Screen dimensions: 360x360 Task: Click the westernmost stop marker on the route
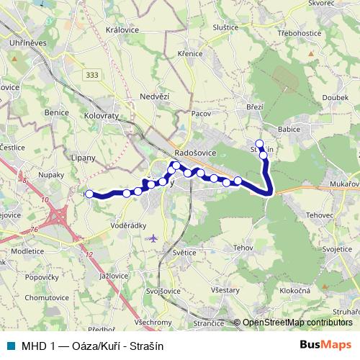coord(89,194)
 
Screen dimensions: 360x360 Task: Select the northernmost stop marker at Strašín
coord(259,143)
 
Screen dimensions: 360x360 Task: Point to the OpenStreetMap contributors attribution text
coord(297,323)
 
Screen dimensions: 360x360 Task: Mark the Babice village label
coord(289,130)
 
